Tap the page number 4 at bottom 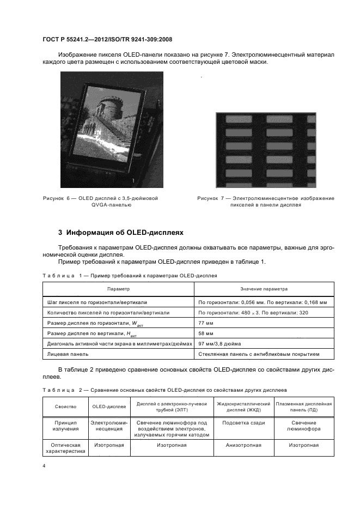[x=44, y=466]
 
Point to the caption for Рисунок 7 [x=266, y=202]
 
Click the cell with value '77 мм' [x=206, y=323]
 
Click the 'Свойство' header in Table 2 [x=65, y=406]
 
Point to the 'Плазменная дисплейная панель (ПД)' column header [x=304, y=406]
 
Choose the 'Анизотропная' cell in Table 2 [x=243, y=445]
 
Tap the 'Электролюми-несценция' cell [x=109, y=426]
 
